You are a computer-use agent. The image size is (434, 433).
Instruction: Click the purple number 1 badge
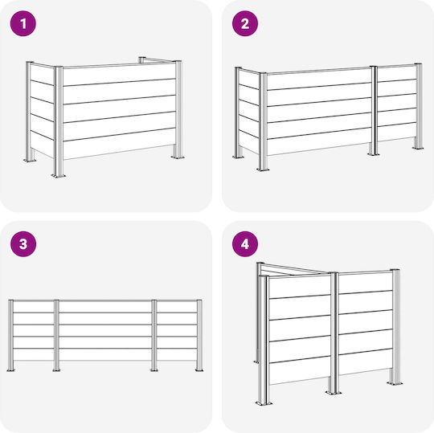[23, 23]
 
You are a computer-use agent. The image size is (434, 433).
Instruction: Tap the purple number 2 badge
[245, 23]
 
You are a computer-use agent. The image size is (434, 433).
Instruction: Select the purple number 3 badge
[23, 243]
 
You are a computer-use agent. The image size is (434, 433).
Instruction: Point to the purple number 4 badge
[245, 243]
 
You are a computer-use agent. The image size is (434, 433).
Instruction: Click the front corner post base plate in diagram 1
[59, 175]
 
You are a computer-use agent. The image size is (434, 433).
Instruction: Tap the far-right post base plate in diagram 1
[178, 157]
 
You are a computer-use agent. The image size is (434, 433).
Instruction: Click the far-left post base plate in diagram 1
[30, 160]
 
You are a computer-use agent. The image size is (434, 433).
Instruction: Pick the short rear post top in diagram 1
[141, 58]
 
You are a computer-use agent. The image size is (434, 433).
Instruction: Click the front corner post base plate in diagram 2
[263, 170]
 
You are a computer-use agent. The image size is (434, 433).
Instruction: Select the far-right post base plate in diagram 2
[418, 148]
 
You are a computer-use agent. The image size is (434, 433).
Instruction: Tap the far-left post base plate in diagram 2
[239, 157]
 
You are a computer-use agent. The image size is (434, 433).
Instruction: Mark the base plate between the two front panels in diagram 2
[374, 154]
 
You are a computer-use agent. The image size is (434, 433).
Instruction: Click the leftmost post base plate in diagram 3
[10, 370]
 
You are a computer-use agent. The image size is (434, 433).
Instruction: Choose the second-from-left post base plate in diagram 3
[56, 370]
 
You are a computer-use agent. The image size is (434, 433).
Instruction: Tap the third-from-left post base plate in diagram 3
[154, 370]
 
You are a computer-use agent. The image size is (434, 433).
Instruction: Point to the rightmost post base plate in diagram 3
[199, 370]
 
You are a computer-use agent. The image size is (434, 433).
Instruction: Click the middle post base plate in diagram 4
[334, 392]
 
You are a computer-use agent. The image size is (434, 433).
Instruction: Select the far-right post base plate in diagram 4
[395, 383]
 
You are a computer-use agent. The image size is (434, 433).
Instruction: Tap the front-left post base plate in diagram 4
[264, 403]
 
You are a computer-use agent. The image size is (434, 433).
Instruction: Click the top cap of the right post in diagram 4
[395, 270]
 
